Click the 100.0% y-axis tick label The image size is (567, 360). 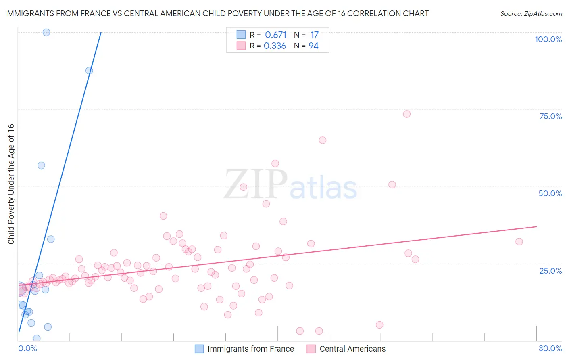pos(548,39)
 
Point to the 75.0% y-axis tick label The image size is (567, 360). pos(550,116)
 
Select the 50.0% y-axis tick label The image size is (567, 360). pos(550,193)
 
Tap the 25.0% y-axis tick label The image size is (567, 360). pos(550,271)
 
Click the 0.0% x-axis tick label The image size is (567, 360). pos(27,348)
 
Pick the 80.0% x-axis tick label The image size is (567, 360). pos(550,348)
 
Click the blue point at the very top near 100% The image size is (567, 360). pos(46,32)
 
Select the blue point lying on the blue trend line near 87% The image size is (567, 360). pos(89,71)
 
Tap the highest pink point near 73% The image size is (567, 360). pos(406,114)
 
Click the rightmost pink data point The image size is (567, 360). pos(519,242)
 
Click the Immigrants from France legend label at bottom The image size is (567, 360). pos(250,349)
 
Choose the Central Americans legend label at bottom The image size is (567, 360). pos(352,349)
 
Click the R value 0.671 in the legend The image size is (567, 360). pos(275,35)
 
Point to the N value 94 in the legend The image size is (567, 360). pos(313,46)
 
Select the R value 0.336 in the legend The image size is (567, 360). pos(275,46)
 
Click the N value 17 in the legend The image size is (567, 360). pos(314,35)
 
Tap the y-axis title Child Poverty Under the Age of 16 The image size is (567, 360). pos(11,184)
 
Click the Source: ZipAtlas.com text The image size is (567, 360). pos(531,14)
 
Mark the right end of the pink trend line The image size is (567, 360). pos(536,227)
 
